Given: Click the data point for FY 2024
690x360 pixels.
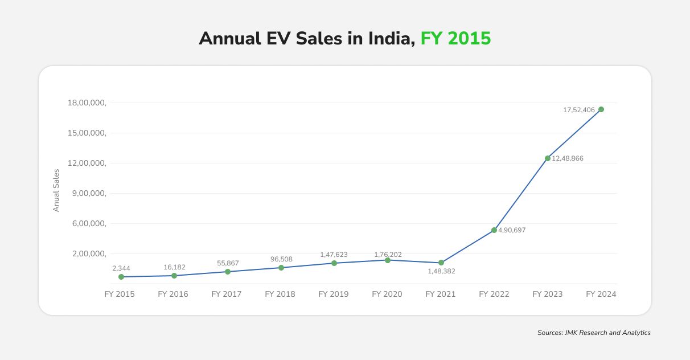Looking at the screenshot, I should click(601, 109).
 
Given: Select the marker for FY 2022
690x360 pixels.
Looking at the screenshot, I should click(494, 230).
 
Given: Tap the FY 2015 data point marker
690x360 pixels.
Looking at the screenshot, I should click(121, 277).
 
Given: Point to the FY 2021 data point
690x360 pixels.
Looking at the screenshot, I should click(441, 263).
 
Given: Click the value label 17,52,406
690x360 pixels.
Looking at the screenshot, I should click(579, 110).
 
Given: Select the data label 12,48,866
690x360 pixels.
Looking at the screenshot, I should click(568, 158).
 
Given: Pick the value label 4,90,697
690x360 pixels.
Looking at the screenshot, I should click(512, 230).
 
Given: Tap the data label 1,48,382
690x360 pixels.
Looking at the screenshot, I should click(441, 271).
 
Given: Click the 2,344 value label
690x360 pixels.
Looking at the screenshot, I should click(121, 268).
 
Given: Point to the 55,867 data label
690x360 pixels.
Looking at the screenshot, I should click(228, 263).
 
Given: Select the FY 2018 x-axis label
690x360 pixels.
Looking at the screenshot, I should click(280, 294).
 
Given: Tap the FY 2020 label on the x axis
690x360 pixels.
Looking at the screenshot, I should click(387, 294).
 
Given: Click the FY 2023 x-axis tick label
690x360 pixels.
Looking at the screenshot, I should click(548, 294).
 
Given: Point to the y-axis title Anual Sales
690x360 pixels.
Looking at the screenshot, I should click(56, 190).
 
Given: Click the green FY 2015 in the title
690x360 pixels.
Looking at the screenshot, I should click(455, 38).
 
